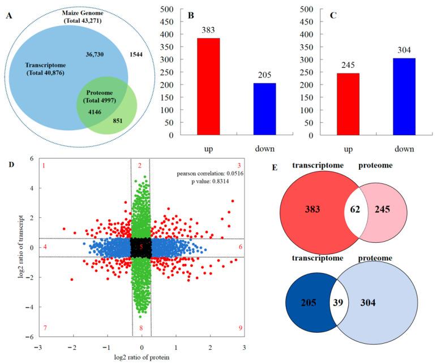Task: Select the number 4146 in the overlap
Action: (x=95, y=113)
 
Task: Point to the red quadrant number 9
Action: (x=241, y=328)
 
